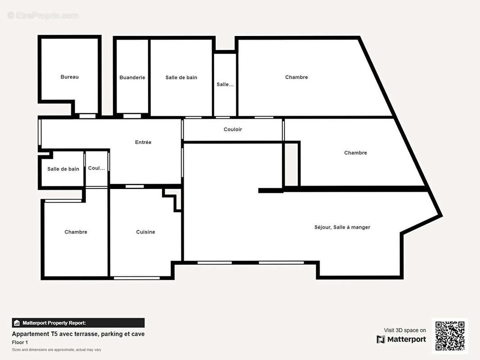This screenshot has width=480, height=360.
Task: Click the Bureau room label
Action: click(x=69, y=77)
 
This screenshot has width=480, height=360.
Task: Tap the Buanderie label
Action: click(x=132, y=77)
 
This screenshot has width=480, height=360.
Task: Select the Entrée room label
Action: click(x=143, y=142)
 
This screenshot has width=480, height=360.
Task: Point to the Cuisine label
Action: click(x=145, y=232)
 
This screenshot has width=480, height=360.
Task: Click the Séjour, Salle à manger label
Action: click(x=342, y=227)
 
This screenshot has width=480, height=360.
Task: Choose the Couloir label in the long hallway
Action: click(x=233, y=130)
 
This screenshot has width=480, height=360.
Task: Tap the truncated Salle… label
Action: click(x=225, y=85)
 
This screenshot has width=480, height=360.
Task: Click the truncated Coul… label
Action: click(x=96, y=168)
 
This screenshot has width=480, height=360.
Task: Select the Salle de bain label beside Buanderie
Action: click(x=181, y=77)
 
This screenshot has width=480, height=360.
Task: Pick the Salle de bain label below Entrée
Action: click(x=63, y=169)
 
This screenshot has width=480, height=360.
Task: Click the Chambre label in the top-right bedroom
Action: click(x=296, y=77)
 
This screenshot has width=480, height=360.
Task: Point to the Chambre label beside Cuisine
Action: click(x=76, y=232)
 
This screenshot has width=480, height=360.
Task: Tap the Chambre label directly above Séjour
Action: click(x=355, y=153)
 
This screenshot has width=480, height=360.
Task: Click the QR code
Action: click(x=450, y=336)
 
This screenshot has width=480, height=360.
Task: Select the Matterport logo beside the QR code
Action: click(x=401, y=339)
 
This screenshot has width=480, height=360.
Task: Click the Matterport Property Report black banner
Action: click(x=78, y=323)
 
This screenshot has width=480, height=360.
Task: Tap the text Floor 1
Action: click(x=20, y=342)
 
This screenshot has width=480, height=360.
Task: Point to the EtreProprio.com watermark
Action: click(x=43, y=16)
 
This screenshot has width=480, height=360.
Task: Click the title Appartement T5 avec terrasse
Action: click(x=78, y=334)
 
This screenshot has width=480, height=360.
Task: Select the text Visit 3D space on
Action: click(x=405, y=330)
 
